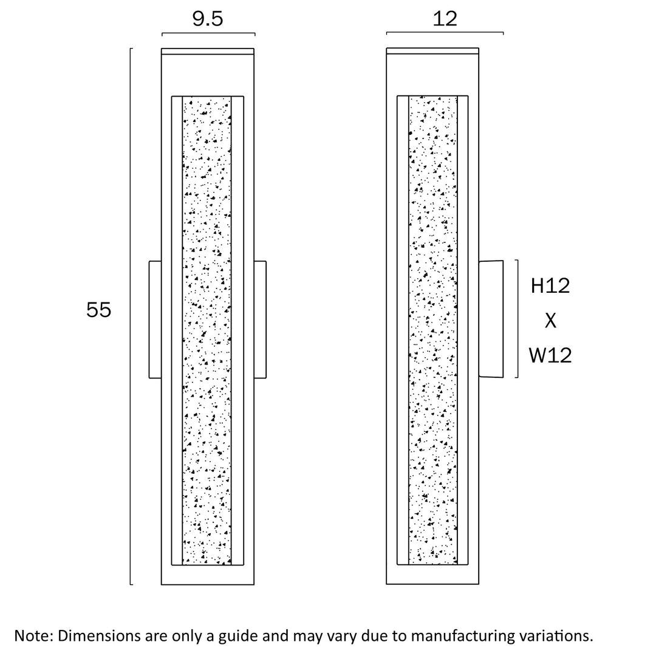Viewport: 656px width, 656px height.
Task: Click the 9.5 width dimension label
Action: pos(208,19)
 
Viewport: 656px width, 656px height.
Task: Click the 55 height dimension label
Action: pos(99,310)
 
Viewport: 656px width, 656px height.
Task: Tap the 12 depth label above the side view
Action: pos(445,19)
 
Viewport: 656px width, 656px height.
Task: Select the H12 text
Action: pos(550,285)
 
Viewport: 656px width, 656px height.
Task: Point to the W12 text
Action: pos(550,355)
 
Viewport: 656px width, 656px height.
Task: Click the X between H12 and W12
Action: pos(550,321)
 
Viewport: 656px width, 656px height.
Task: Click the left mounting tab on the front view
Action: pos(155,319)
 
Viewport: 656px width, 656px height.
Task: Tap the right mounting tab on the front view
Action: pos(260,319)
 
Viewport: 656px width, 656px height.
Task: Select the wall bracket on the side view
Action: pos(491,319)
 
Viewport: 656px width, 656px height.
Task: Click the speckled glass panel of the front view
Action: pos(207,331)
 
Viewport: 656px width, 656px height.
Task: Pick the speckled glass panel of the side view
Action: pos(433,331)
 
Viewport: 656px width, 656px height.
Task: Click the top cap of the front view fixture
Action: pos(207,51)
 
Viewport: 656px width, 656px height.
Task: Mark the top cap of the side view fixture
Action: pos(432,51)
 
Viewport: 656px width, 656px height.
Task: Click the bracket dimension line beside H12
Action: pos(517,319)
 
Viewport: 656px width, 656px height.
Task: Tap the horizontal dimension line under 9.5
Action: pos(208,33)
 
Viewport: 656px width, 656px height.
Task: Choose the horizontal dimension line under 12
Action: pos(445,33)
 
